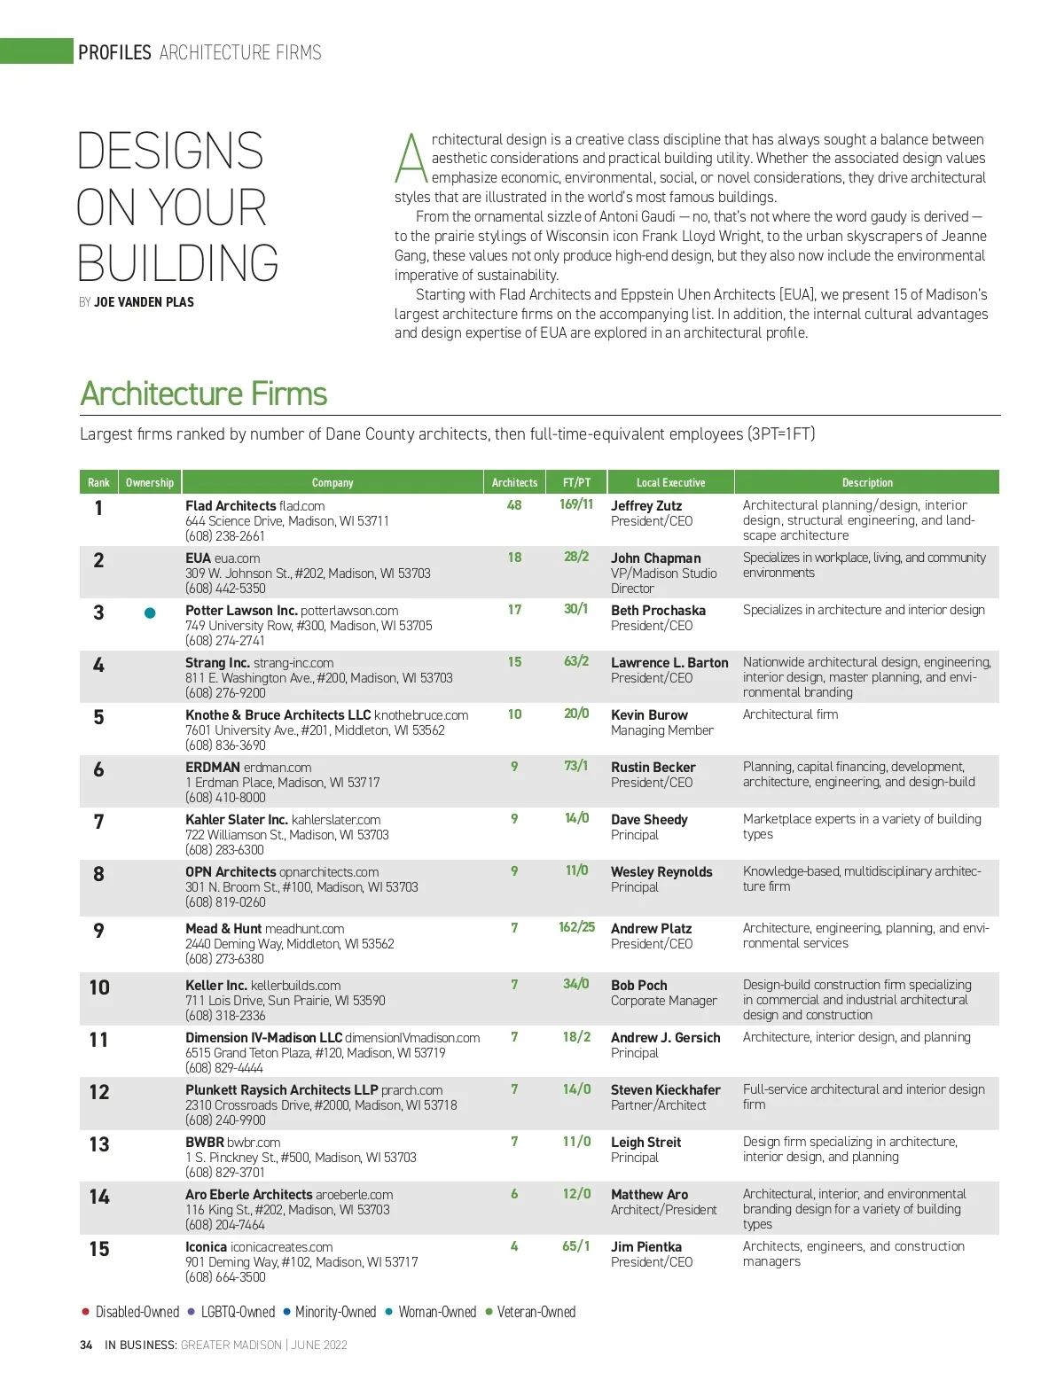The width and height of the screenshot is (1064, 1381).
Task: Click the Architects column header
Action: [514, 483]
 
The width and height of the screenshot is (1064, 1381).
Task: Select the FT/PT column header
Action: [576, 483]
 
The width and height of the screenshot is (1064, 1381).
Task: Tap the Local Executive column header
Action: [670, 483]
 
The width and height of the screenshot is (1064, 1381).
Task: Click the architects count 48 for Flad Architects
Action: [514, 505]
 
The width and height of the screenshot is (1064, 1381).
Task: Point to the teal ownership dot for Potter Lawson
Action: [150, 612]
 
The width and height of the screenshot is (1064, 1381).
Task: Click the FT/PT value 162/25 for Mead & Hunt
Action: [576, 927]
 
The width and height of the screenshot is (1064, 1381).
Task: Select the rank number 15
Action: [99, 1249]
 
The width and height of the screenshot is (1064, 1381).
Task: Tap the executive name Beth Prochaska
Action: [658, 611]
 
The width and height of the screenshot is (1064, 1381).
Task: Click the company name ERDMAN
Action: [213, 768]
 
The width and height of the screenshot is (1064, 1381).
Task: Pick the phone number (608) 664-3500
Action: [225, 1277]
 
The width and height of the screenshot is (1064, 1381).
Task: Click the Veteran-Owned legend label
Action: [536, 1312]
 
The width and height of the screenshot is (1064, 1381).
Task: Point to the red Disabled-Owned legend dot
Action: [85, 1312]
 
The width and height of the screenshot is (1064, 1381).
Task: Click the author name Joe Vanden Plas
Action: [144, 302]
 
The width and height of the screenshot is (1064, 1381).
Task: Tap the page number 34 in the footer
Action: [86, 1345]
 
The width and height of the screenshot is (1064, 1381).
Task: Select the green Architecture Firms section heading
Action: [204, 394]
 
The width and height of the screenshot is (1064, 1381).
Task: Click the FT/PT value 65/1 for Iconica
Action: [576, 1246]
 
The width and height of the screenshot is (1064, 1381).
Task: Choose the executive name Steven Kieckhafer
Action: [665, 1090]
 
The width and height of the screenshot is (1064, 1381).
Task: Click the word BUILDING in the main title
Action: [178, 263]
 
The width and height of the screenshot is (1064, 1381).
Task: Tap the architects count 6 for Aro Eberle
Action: [514, 1194]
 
